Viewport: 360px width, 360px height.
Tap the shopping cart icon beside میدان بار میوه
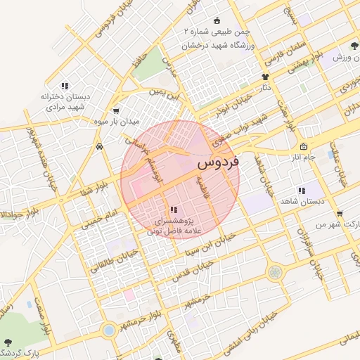pyautogui.click(x=115, y=111)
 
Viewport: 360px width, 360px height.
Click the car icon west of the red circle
pyautogui.click(x=100, y=147)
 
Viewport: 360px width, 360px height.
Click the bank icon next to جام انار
pyautogui.click(x=303, y=147)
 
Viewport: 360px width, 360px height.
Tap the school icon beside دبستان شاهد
pyautogui.click(x=302, y=191)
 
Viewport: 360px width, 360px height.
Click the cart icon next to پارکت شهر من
pyautogui.click(x=340, y=213)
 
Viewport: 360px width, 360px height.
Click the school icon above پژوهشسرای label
pyautogui.click(x=174, y=210)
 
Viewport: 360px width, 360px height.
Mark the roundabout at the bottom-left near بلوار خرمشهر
pyautogui.click(x=108, y=329)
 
